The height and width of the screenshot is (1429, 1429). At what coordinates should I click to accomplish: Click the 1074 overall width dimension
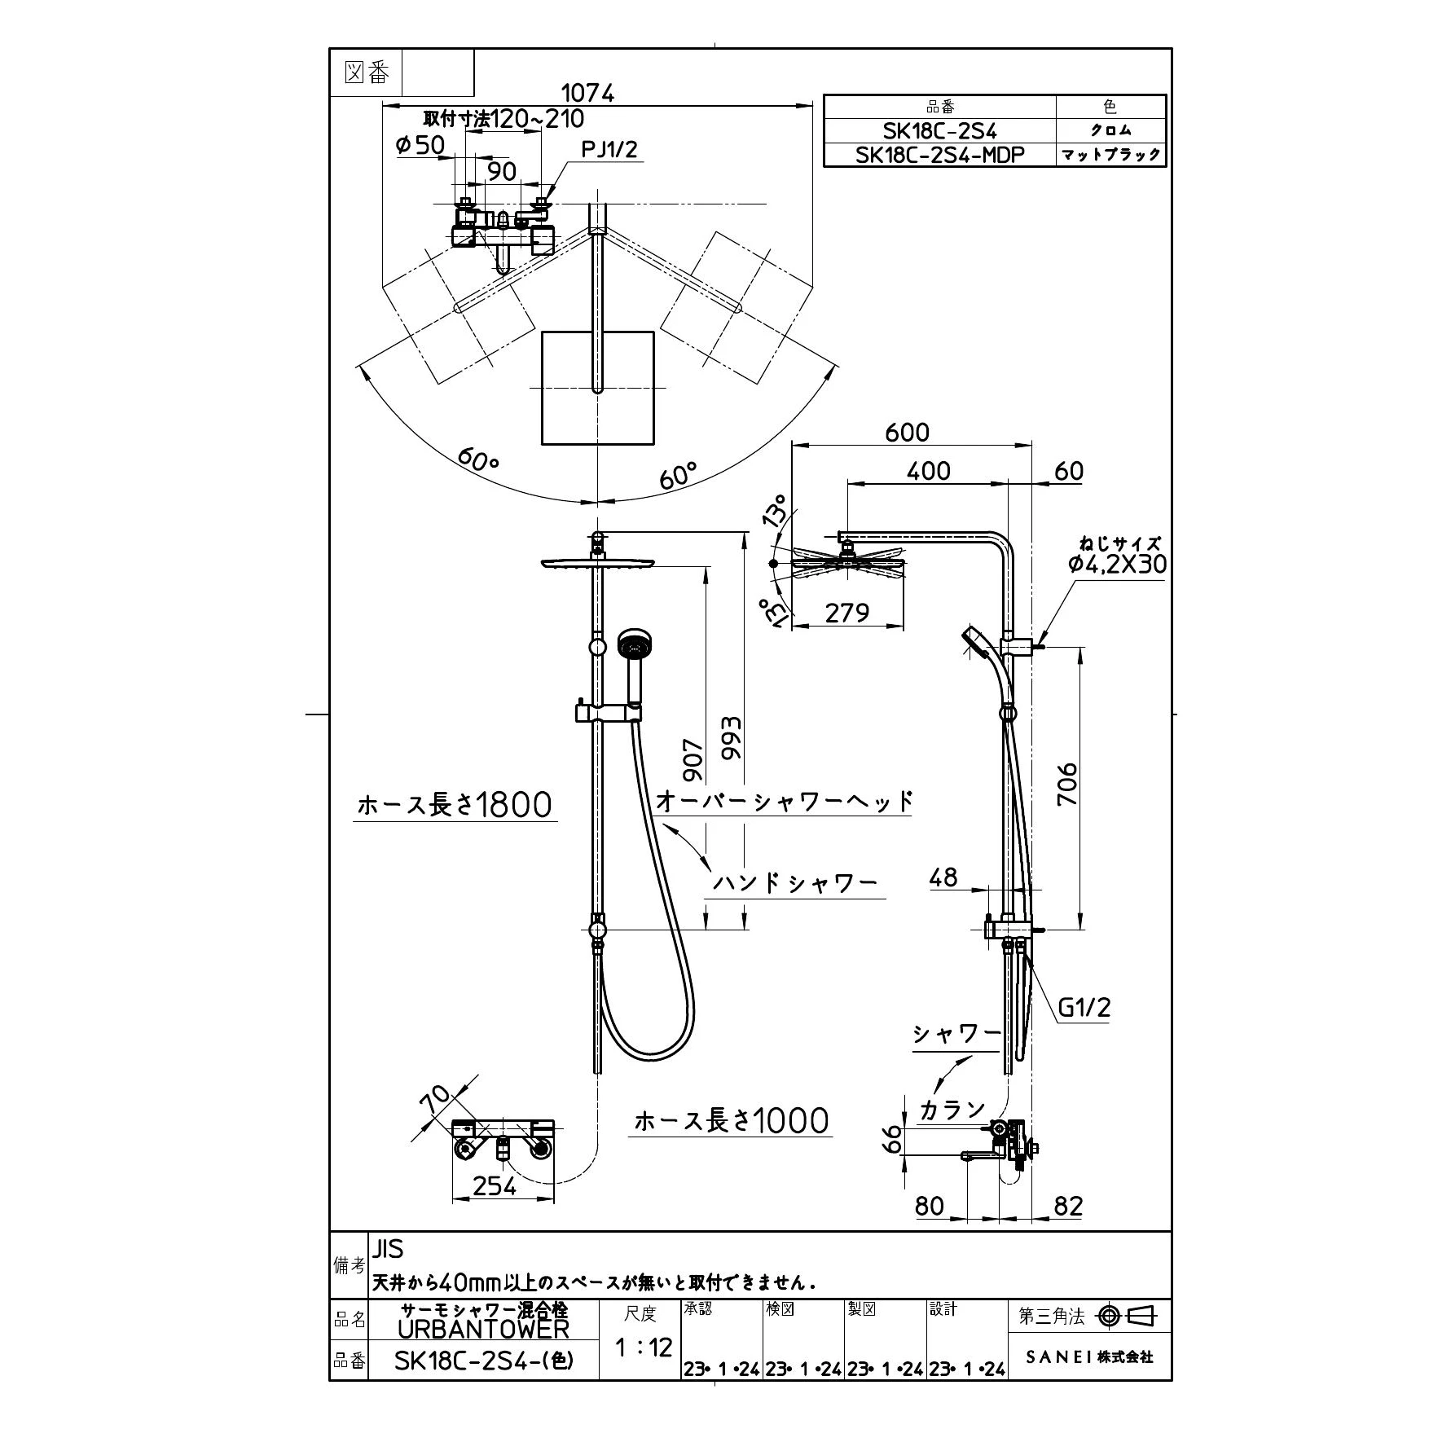[x=588, y=93]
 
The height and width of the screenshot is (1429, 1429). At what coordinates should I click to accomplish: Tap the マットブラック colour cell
[x=1110, y=155]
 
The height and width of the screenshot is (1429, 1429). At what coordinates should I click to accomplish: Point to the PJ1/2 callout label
[x=609, y=149]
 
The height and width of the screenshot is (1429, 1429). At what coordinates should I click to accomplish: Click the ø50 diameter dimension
[x=420, y=145]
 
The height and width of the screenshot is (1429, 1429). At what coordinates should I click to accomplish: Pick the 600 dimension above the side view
[x=907, y=432]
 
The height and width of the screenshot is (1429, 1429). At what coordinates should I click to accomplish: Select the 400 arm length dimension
[x=928, y=471]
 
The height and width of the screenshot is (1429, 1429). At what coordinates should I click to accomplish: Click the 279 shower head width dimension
[x=846, y=612]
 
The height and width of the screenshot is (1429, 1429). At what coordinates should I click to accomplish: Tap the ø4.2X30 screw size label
[x=1117, y=564]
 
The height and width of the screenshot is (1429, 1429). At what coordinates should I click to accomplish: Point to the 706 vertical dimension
[x=1066, y=784]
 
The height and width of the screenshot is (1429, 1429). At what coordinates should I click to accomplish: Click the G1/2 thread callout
[x=1084, y=1008]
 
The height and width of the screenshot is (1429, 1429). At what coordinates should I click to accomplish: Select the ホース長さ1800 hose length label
[x=455, y=805]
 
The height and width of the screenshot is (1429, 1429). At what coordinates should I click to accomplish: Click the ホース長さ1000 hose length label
[x=731, y=1121]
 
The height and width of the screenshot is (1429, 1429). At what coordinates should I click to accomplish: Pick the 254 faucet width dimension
[x=495, y=1185]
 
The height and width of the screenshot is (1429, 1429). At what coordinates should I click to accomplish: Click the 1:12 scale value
[x=643, y=1347]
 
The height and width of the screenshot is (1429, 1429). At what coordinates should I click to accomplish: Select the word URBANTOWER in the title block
[x=483, y=1330]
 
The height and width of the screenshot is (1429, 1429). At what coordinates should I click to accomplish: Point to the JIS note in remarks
[x=388, y=1248]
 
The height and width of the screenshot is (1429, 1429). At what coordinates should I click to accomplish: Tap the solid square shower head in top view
[x=598, y=388]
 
